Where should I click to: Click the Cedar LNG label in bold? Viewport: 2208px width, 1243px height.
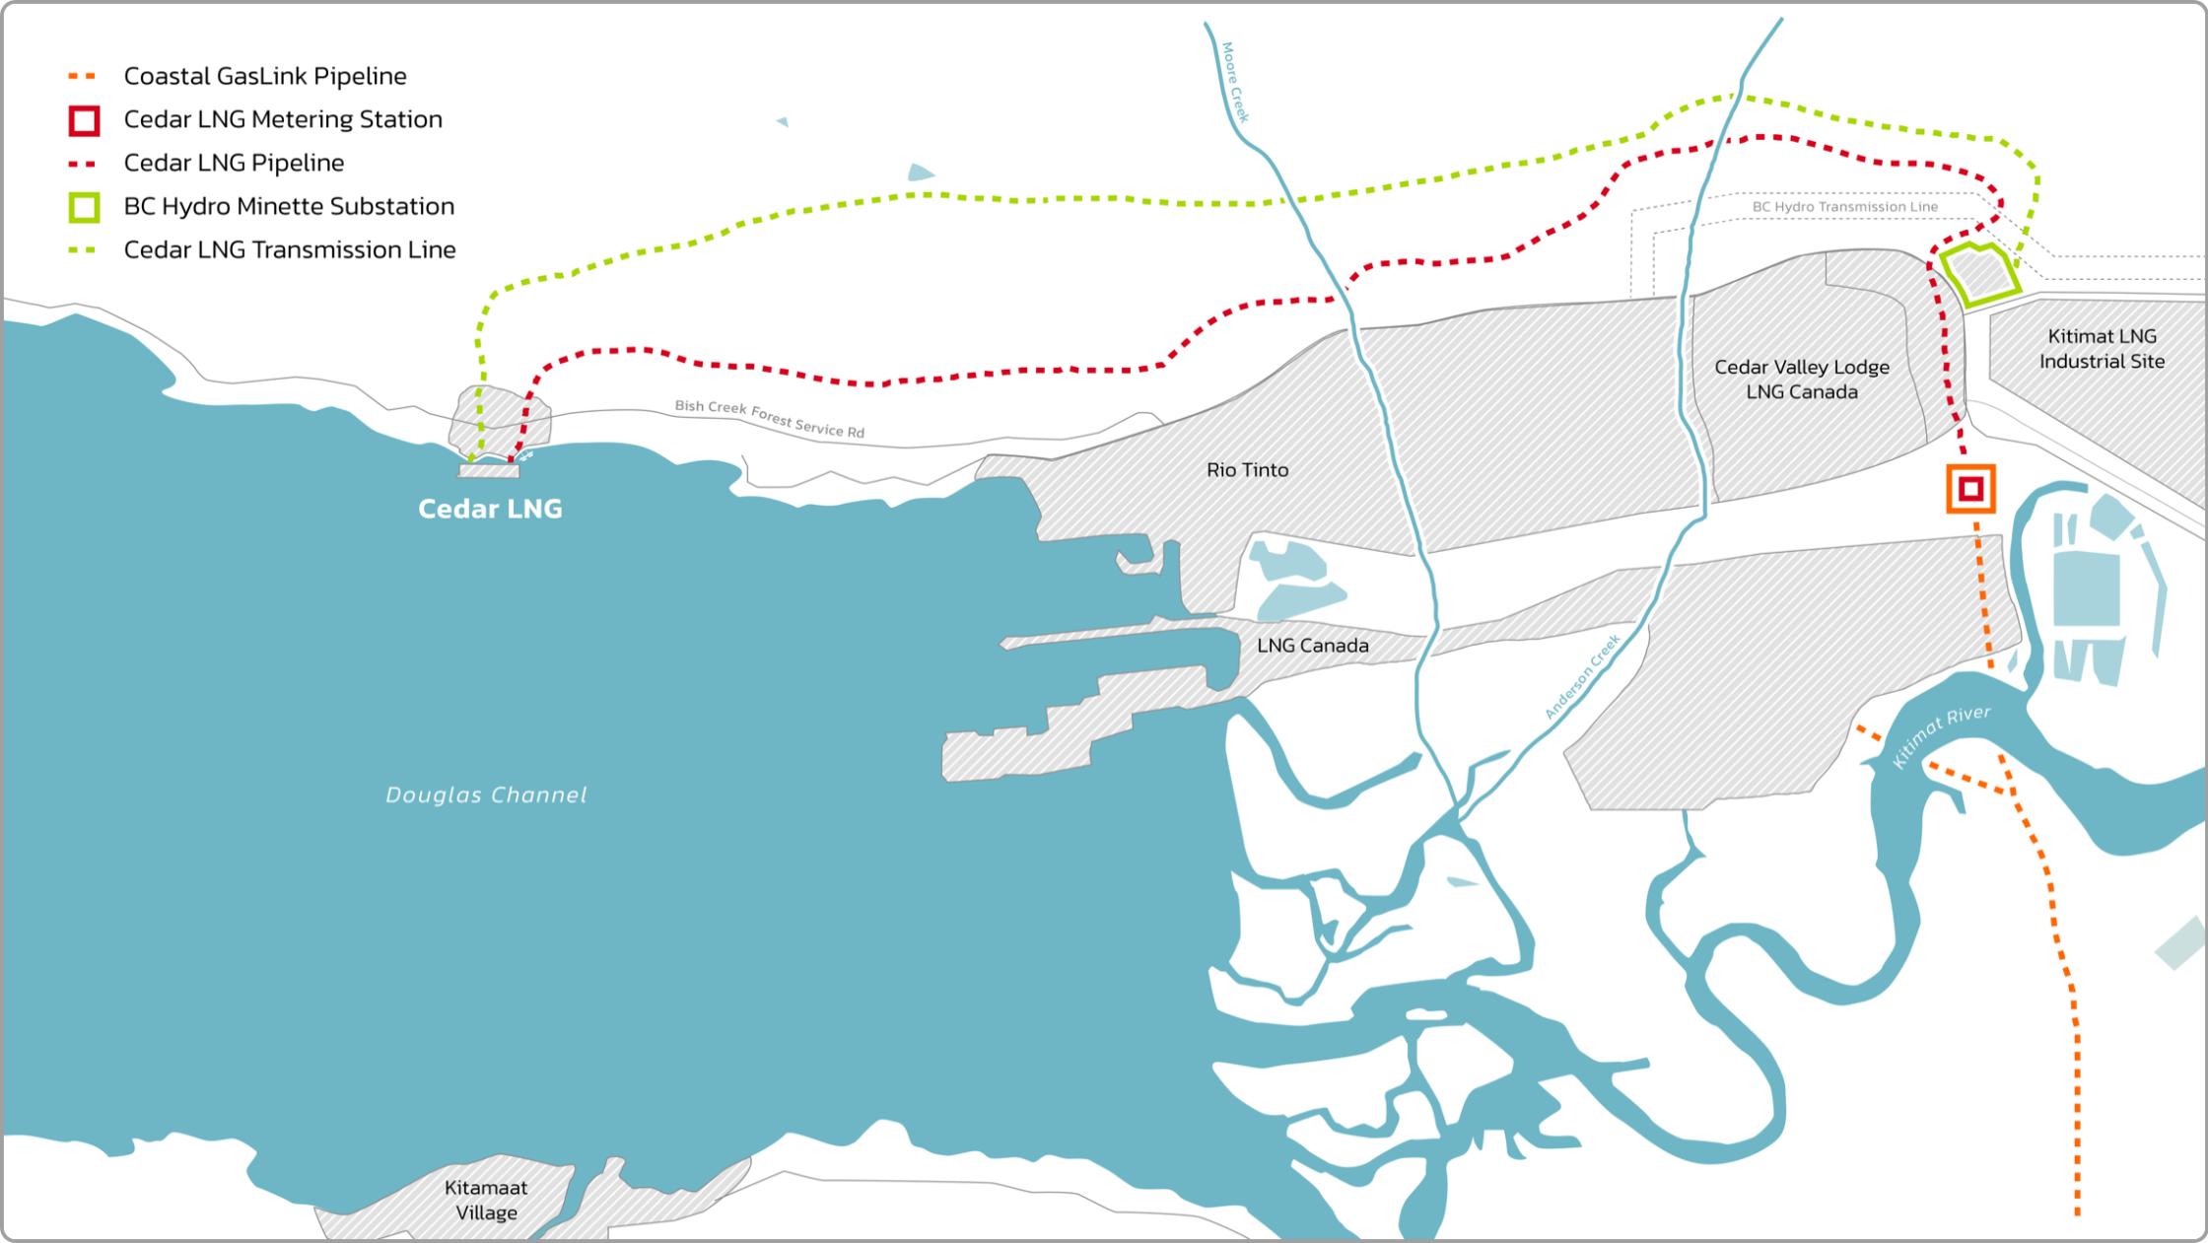(x=490, y=509)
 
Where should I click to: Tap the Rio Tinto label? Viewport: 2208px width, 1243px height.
(x=1247, y=470)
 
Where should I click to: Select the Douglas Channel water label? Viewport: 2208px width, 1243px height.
(x=486, y=794)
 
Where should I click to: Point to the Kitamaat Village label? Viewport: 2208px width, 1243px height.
(x=486, y=1200)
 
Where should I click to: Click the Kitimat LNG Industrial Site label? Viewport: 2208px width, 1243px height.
(x=2102, y=349)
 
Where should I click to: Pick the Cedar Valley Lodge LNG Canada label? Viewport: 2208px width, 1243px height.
(x=1801, y=380)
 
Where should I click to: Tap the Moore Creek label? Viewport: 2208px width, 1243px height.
(x=1235, y=82)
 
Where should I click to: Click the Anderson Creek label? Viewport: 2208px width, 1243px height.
(x=1582, y=677)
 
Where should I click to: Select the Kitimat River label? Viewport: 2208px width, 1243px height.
(x=1941, y=737)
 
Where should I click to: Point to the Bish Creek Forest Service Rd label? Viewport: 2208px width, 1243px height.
(x=769, y=419)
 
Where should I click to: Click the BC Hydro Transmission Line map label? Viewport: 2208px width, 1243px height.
(x=1844, y=207)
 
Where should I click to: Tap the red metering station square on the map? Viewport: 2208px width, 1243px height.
(x=1970, y=489)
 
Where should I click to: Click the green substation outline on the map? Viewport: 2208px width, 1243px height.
(x=1979, y=273)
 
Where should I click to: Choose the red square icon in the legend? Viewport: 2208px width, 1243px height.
(x=85, y=120)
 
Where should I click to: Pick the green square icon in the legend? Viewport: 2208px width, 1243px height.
(x=85, y=207)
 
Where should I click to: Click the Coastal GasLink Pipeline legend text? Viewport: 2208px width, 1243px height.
(x=265, y=76)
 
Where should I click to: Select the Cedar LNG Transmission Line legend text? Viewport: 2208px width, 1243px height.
(x=290, y=250)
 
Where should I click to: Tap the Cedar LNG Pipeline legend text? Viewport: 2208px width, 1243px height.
(x=234, y=163)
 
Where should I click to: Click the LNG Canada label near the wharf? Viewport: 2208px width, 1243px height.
(x=1312, y=646)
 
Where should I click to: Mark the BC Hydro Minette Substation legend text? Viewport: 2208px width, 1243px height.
(x=289, y=207)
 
